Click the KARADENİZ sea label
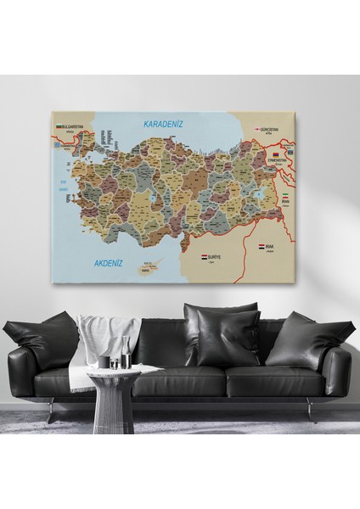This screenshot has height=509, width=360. click(x=162, y=125)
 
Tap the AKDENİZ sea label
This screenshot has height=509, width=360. click(x=109, y=263)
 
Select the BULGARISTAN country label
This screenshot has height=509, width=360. click(x=72, y=126)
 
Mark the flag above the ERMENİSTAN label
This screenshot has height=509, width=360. click(x=277, y=153)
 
